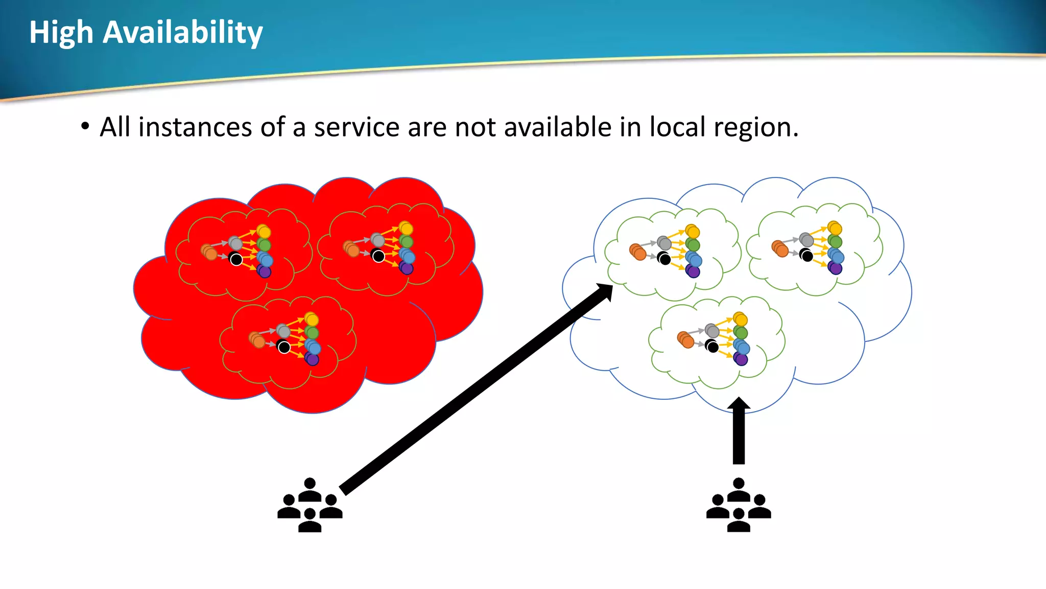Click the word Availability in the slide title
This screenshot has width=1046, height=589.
tap(183, 33)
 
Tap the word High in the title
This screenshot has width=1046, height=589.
tap(61, 33)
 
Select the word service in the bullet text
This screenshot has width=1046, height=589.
tap(356, 127)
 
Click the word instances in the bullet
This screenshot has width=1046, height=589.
tap(195, 127)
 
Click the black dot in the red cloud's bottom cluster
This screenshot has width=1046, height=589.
tap(284, 347)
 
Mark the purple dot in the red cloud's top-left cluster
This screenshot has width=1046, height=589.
tap(264, 271)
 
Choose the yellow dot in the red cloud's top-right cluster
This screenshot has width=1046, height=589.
tap(406, 228)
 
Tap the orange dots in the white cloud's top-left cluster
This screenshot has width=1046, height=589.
tap(638, 252)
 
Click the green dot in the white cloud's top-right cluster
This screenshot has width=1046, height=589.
tap(835, 241)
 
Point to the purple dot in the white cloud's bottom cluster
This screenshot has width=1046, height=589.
tap(741, 359)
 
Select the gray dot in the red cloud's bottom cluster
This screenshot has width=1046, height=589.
tap(283, 331)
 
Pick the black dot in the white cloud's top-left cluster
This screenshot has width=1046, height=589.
tap(664, 259)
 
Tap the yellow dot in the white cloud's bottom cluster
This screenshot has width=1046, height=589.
tap(741, 320)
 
